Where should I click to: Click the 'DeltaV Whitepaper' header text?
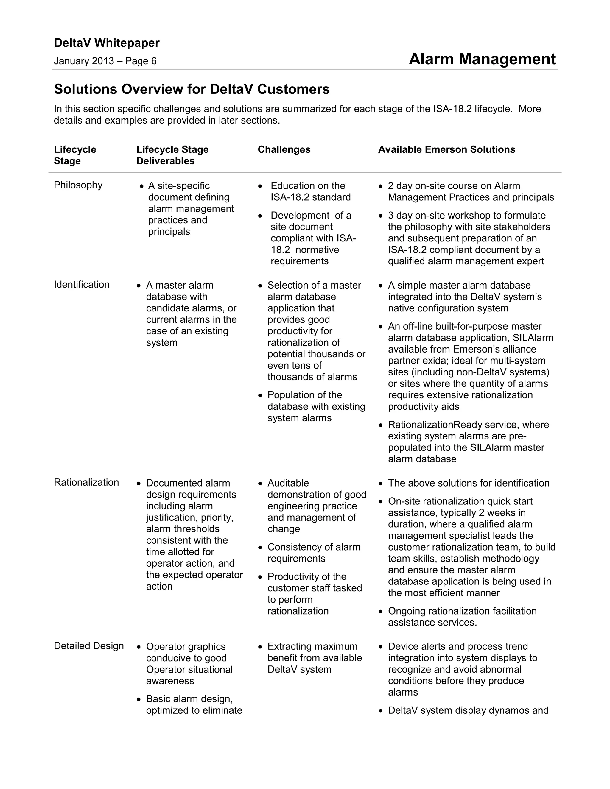[107, 43]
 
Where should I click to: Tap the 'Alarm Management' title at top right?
[482, 59]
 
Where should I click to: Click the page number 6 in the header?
[154, 61]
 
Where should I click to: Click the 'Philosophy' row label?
[78, 185]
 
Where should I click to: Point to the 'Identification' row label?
[81, 285]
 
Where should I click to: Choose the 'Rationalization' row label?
[86, 482]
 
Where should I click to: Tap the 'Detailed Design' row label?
[88, 646]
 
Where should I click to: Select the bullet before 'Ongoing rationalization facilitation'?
[381, 612]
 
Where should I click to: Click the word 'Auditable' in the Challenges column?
[288, 483]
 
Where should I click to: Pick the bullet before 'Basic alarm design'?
[139, 699]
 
